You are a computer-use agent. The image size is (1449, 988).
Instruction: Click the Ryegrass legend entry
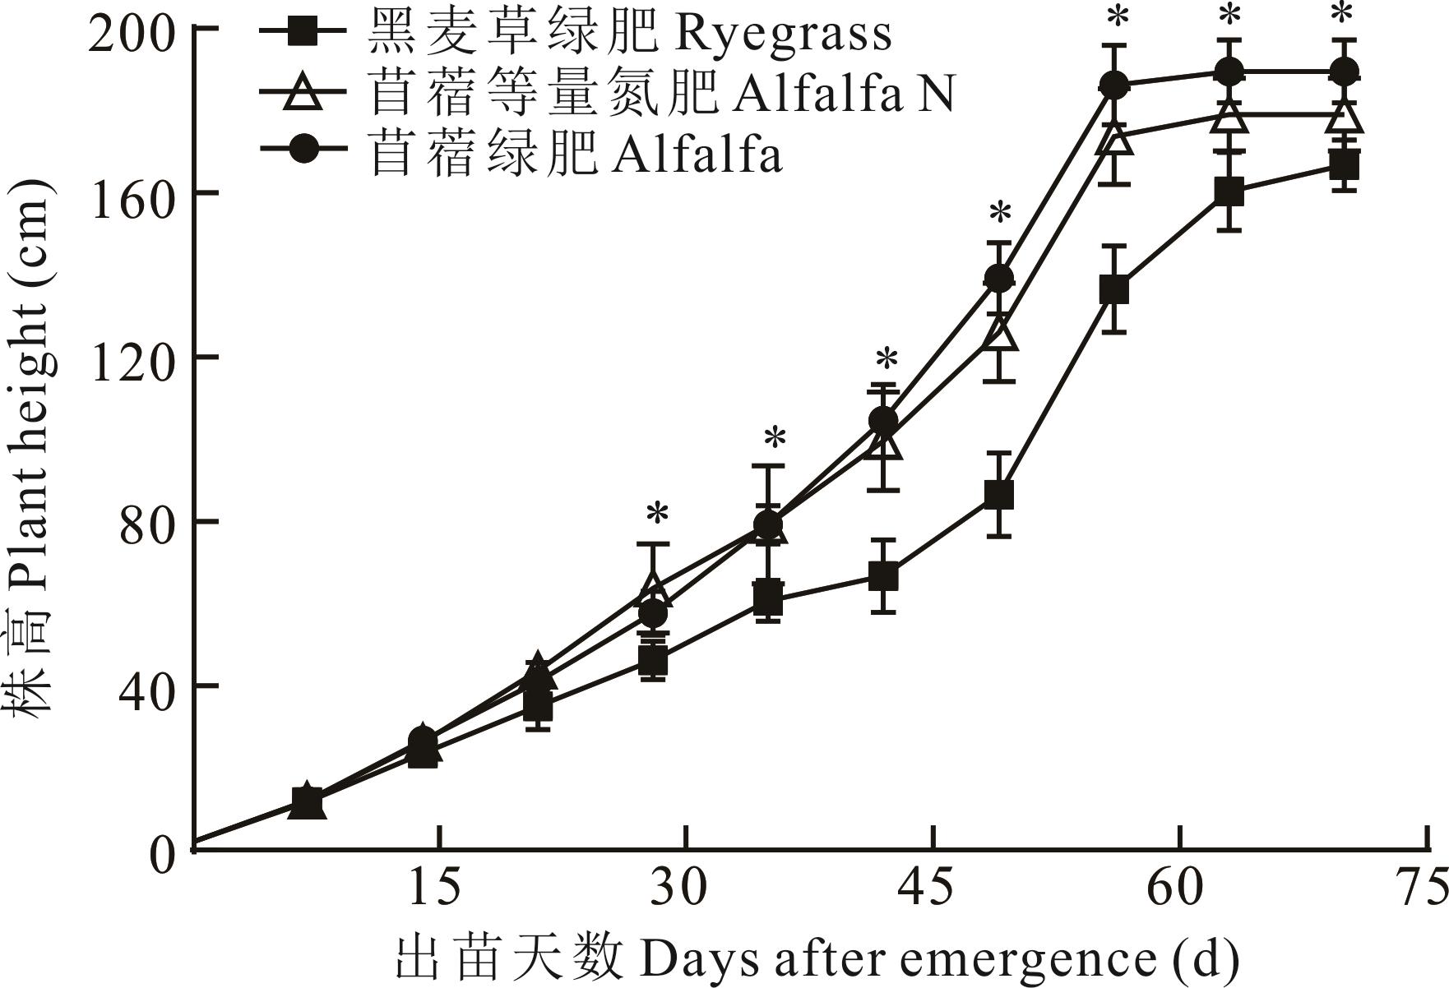(630, 34)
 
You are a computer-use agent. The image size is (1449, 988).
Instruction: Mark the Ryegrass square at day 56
(1113, 290)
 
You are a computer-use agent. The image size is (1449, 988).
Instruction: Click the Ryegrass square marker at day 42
(883, 576)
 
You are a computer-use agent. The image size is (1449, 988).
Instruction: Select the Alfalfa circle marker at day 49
(999, 278)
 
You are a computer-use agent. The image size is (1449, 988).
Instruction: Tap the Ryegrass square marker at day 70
(1343, 166)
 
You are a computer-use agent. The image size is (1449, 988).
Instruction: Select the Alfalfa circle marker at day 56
(1113, 85)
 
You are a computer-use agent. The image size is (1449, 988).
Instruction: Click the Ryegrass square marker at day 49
(998, 496)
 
